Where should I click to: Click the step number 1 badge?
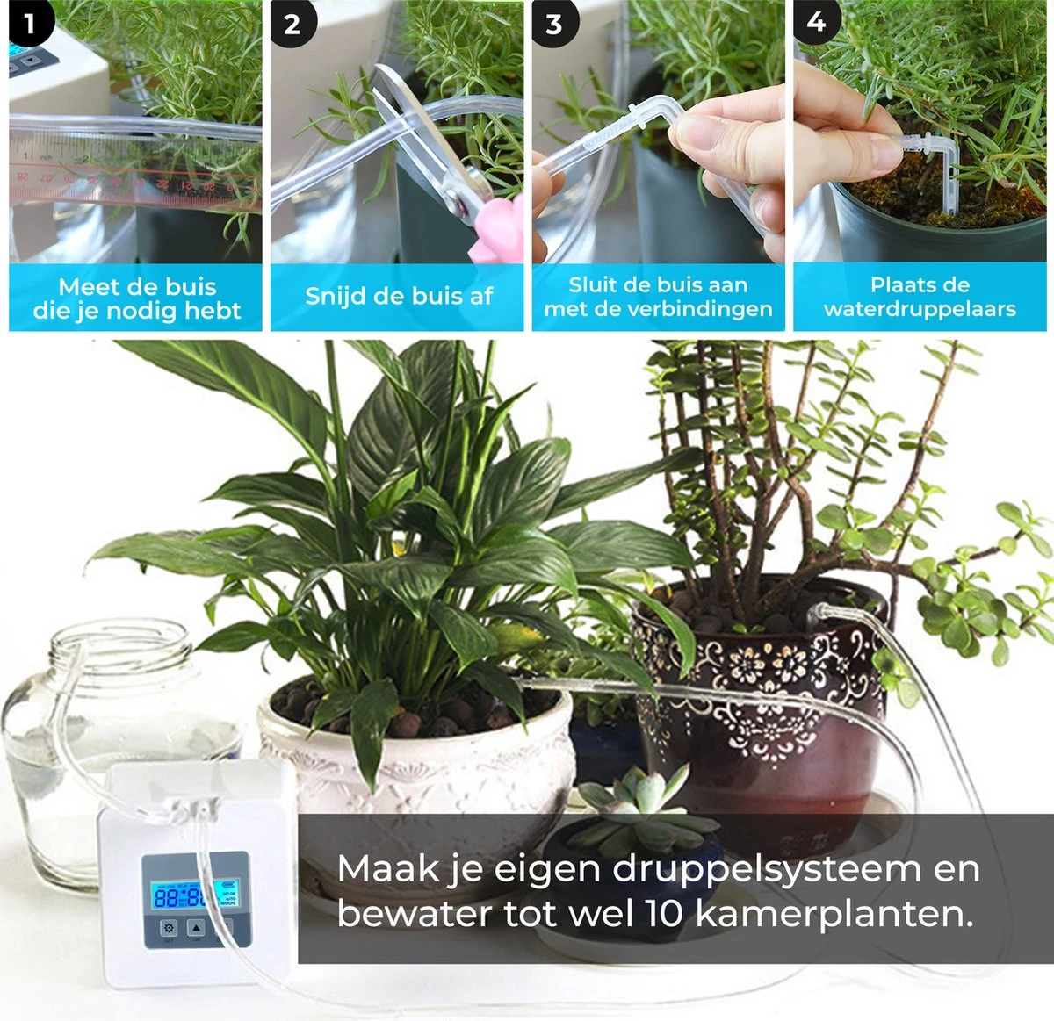click(30, 24)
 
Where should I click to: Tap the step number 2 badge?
click(292, 24)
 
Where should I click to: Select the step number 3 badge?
click(553, 24)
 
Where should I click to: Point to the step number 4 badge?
click(816, 22)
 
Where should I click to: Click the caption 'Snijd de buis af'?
click(398, 296)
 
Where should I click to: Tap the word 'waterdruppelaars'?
click(920, 309)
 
